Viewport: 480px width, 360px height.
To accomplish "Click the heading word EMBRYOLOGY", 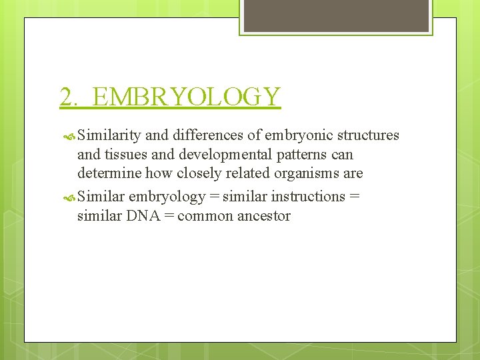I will point(187,97).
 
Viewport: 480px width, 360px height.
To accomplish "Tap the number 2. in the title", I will point(69,97).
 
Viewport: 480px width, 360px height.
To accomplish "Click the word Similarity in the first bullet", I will point(109,135).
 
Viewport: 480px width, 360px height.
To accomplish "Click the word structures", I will point(368,135).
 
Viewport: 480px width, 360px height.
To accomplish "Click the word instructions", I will point(309,197).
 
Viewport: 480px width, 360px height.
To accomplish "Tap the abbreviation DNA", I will point(137,216).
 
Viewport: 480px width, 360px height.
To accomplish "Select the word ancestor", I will point(265,216).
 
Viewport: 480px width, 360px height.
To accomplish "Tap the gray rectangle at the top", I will point(336,15).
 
